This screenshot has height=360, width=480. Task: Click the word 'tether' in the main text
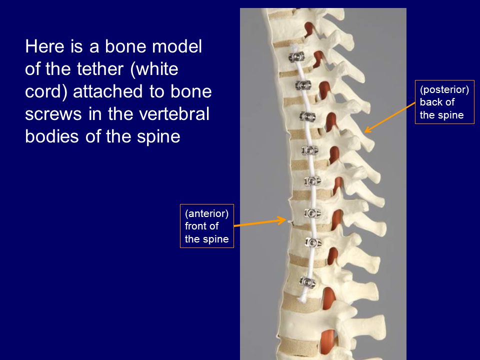[x=100, y=69]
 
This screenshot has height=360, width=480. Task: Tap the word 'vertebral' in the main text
[x=174, y=114]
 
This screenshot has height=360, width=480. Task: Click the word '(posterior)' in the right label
[x=444, y=89]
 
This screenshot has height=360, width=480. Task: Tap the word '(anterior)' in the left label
[x=206, y=213]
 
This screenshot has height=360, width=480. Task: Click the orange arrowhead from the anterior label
[x=282, y=220]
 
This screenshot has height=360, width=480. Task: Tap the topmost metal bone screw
[x=296, y=57]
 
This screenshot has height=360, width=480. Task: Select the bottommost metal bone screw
[x=307, y=282]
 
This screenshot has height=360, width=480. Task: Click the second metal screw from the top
[x=303, y=85]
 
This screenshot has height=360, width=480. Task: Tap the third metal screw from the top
[x=307, y=116]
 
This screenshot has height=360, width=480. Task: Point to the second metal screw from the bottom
[x=313, y=243]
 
